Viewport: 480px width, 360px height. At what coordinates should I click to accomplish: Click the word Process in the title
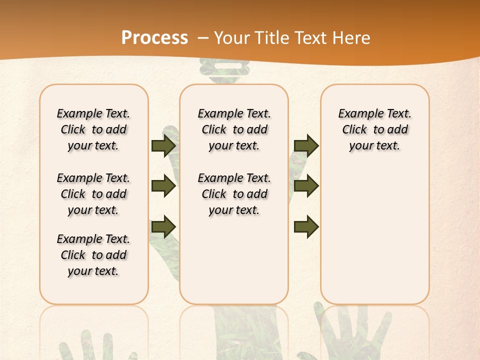(154, 37)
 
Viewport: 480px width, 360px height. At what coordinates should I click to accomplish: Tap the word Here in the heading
(352, 38)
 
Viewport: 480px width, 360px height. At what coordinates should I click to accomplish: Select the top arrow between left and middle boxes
(163, 145)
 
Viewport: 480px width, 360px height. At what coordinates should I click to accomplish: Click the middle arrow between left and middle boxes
(163, 186)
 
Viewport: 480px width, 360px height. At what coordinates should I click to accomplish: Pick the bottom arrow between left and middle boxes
(163, 227)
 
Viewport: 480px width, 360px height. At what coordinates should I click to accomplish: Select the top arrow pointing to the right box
(306, 145)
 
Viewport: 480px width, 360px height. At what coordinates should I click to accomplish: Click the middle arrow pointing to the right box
(306, 186)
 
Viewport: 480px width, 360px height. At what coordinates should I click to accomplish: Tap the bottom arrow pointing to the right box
(306, 227)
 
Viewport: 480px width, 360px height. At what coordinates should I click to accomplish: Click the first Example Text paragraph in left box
(93, 129)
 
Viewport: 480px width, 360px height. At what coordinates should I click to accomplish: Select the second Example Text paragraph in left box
(93, 194)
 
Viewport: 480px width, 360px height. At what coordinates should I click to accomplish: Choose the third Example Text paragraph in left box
(93, 255)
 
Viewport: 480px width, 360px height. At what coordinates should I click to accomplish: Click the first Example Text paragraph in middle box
(234, 129)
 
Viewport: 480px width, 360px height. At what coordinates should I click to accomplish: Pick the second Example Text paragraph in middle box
(234, 194)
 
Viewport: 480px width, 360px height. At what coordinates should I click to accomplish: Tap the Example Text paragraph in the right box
(375, 129)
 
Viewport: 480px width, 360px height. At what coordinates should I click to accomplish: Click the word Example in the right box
(356, 113)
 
